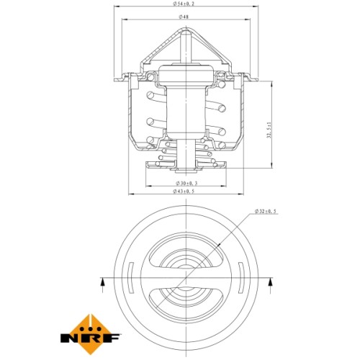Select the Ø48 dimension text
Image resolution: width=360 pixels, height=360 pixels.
point(184,17)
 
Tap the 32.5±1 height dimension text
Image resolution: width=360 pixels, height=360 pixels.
point(269,130)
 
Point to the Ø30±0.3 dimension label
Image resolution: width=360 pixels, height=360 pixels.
point(186,184)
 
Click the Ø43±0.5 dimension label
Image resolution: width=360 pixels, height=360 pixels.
point(184,191)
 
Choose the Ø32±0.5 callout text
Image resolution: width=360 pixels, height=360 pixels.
point(266,211)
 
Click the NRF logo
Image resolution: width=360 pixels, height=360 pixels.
point(91,334)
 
